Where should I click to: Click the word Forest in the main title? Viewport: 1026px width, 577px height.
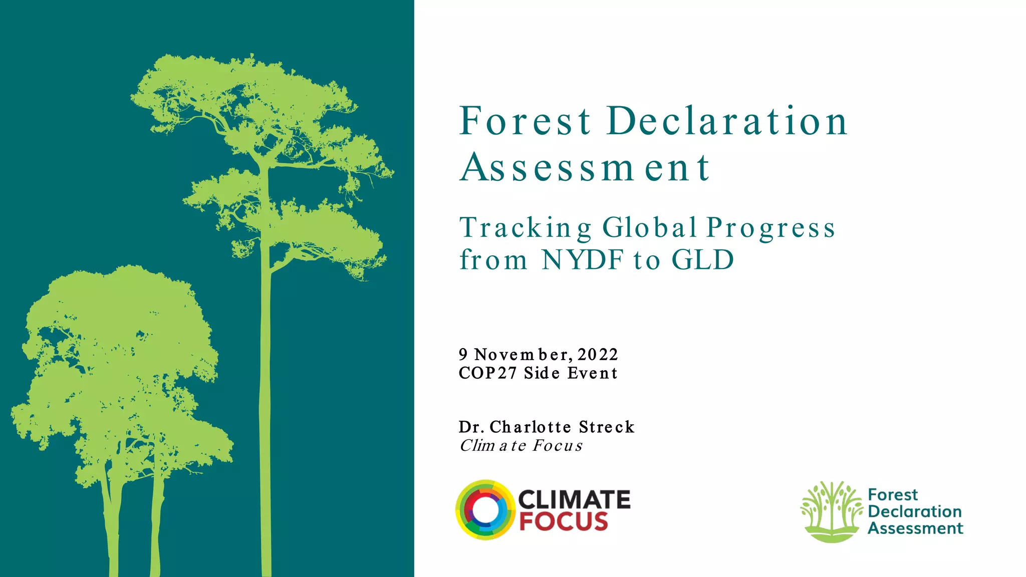pyautogui.click(x=525, y=121)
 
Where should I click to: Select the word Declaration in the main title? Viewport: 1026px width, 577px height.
pyautogui.click(x=727, y=121)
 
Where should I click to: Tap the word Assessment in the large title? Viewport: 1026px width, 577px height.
pyautogui.click(x=585, y=168)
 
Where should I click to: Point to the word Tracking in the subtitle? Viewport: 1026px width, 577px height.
pyautogui.click(x=526, y=228)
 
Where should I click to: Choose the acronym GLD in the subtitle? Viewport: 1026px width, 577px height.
pyautogui.click(x=702, y=260)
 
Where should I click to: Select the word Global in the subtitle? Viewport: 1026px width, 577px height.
pyautogui.click(x=650, y=228)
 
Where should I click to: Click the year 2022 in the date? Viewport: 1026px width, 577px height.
pyautogui.click(x=598, y=355)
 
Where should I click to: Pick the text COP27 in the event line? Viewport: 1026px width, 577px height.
pyautogui.click(x=487, y=373)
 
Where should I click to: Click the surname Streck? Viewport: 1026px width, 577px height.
pyautogui.click(x=607, y=427)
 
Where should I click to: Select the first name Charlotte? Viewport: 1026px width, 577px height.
pyautogui.click(x=530, y=427)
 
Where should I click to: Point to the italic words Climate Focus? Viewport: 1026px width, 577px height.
pyautogui.click(x=521, y=445)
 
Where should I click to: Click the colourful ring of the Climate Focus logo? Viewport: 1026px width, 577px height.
pyautogui.click(x=485, y=510)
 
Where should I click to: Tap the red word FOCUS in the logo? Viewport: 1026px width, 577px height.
pyautogui.click(x=564, y=521)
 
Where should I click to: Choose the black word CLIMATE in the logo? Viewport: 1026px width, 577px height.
pyautogui.click(x=574, y=499)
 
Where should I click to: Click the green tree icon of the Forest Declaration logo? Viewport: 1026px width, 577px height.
pyautogui.click(x=831, y=511)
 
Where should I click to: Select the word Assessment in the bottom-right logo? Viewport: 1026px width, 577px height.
pyautogui.click(x=915, y=528)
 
